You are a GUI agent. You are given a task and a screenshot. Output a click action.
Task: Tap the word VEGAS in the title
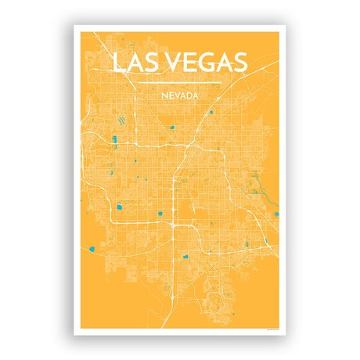203,62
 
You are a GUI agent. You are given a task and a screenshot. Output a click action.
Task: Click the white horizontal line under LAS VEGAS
179,81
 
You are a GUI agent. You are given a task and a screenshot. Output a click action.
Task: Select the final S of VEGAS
241,62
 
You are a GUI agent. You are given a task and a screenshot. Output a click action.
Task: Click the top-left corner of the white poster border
75,27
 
